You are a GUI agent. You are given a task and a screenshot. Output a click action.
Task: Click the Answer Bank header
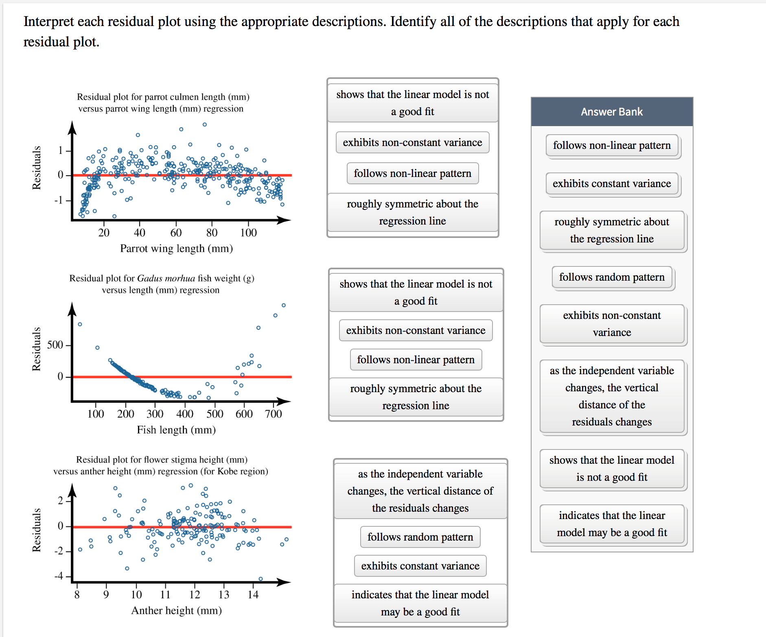coord(612,112)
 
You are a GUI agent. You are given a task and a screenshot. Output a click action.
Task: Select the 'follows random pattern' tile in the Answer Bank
coord(612,277)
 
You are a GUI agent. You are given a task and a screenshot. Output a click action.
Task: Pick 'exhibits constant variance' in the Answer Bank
coord(612,184)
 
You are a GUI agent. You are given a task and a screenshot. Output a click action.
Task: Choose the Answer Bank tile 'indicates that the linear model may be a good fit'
coord(612,524)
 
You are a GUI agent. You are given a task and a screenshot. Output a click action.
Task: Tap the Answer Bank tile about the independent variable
coord(612,396)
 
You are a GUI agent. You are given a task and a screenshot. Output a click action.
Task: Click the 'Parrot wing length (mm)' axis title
coord(176,249)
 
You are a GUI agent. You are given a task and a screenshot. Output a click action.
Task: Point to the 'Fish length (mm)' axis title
coord(176,430)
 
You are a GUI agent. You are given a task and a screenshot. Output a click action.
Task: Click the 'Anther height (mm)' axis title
coord(176,611)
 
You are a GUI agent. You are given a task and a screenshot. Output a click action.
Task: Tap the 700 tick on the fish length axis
coord(274,414)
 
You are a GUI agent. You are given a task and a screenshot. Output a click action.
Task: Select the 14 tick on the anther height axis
coord(253,595)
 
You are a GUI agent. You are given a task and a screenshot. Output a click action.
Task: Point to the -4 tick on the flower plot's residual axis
coord(59,576)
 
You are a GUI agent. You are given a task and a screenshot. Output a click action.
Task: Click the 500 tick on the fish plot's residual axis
coord(55,345)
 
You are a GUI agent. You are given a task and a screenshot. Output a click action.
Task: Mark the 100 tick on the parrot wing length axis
coord(248,233)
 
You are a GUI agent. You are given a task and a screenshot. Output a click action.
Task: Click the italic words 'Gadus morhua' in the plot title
coord(166,278)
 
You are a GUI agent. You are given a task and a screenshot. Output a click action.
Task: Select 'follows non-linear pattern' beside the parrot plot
coord(412,174)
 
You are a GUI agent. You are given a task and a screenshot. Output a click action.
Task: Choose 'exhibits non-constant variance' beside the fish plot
coord(416,331)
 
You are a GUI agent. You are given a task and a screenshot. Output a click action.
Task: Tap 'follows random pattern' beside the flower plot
coord(420,537)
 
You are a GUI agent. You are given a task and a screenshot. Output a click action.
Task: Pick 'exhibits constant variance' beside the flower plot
coord(420,566)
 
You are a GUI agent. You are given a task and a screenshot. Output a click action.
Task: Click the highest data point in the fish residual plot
coord(284,305)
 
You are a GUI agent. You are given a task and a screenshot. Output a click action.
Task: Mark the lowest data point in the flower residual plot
coord(261,579)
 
